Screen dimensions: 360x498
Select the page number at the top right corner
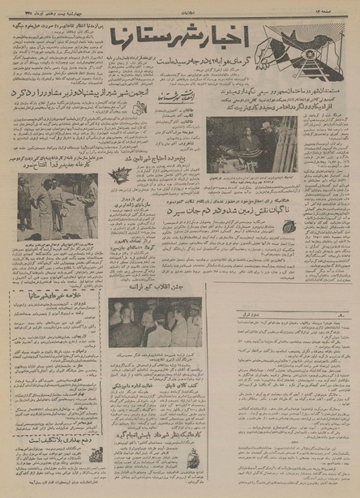click(343, 7)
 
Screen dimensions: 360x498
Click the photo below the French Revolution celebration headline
click(155, 323)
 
